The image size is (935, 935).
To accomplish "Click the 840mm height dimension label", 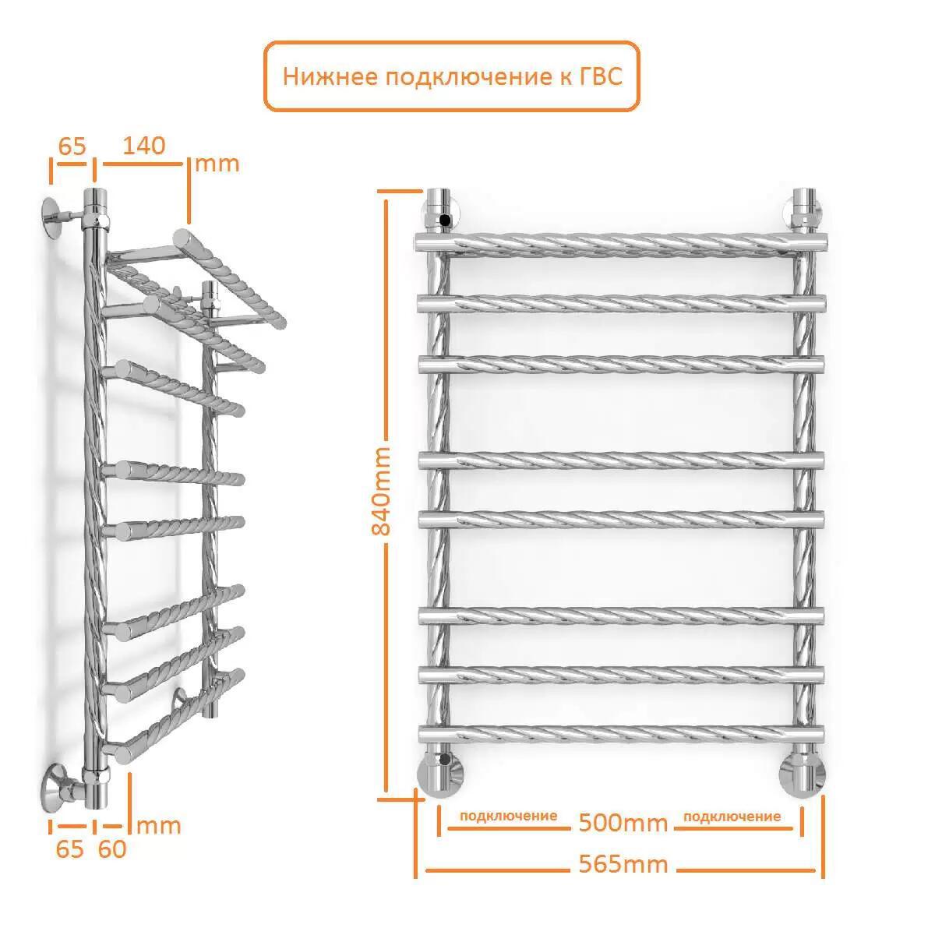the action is coord(381,491).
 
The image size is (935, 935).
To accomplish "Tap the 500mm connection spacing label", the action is coord(623,823).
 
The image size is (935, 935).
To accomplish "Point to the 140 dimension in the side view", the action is coord(143,146).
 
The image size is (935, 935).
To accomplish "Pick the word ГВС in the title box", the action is coord(601,76).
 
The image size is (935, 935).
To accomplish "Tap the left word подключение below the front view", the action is coord(508,816).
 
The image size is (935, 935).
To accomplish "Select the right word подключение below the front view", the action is coord(732,817).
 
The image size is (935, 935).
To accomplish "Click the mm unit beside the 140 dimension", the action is coord(217,164).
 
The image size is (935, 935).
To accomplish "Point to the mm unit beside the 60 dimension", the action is coord(159,826).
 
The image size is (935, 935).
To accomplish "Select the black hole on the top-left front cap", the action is coord(443,221).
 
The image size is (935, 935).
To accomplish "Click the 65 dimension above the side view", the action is coord(72,146).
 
